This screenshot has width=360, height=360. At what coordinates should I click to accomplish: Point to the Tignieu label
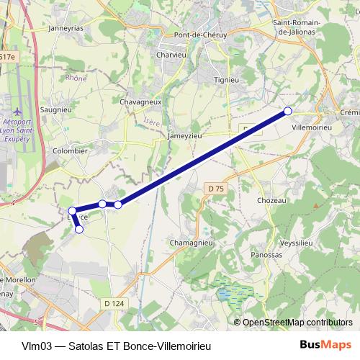tap(226, 79)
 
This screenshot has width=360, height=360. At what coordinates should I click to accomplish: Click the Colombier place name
tap(71, 151)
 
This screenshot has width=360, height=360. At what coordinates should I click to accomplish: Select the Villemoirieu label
tap(311, 125)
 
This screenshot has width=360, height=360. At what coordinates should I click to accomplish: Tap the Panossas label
tap(266, 255)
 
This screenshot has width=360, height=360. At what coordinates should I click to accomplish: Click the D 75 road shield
tap(213, 189)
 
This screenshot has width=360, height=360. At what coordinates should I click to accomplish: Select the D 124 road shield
tap(114, 304)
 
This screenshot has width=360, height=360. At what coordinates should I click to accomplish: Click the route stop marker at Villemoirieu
tap(288, 111)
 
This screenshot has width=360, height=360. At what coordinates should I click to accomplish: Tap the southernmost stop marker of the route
tap(79, 230)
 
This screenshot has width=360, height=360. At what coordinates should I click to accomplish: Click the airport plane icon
tap(18, 113)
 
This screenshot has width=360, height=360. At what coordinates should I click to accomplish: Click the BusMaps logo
tap(325, 345)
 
